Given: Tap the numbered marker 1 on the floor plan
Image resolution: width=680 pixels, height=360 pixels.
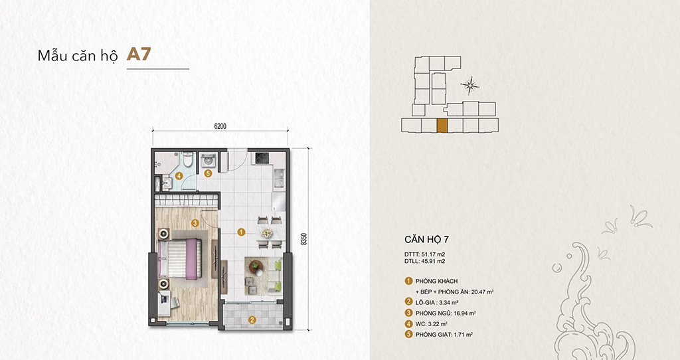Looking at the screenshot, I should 241,232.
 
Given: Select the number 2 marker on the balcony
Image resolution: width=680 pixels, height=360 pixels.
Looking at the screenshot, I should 252,319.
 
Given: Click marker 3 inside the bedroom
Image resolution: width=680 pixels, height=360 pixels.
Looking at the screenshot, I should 195,223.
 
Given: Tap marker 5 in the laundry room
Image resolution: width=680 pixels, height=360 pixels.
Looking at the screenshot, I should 208,174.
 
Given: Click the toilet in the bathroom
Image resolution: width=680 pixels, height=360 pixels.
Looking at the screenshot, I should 189,160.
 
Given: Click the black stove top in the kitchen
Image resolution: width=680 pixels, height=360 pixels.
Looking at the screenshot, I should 261,159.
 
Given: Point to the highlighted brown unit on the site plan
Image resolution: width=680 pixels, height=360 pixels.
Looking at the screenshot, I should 442,126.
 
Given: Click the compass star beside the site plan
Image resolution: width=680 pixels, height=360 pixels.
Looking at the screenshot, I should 471,84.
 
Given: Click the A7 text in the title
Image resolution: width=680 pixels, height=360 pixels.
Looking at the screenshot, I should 139,54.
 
